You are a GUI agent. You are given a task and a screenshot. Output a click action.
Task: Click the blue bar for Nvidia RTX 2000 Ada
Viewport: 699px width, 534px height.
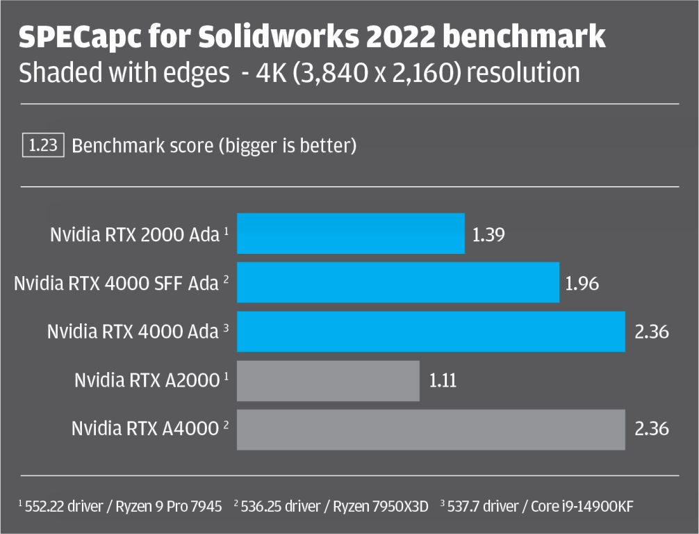tap(351, 234)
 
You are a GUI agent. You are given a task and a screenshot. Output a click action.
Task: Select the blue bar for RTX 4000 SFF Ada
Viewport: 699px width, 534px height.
tap(398, 282)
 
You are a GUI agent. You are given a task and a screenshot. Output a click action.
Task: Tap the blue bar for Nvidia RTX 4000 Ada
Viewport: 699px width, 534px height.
tap(431, 332)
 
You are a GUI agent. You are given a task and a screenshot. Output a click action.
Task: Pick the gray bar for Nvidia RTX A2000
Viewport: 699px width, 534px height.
tap(328, 380)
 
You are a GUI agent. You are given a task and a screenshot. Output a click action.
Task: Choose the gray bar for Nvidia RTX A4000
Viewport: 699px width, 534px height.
tap(431, 429)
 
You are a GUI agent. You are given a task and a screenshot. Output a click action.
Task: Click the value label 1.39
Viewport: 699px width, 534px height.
tap(488, 234)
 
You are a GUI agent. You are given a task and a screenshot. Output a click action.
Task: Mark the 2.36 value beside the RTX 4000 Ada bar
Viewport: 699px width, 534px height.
tap(651, 332)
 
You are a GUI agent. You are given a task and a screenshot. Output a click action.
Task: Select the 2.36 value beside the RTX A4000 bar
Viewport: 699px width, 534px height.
tap(651, 429)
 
